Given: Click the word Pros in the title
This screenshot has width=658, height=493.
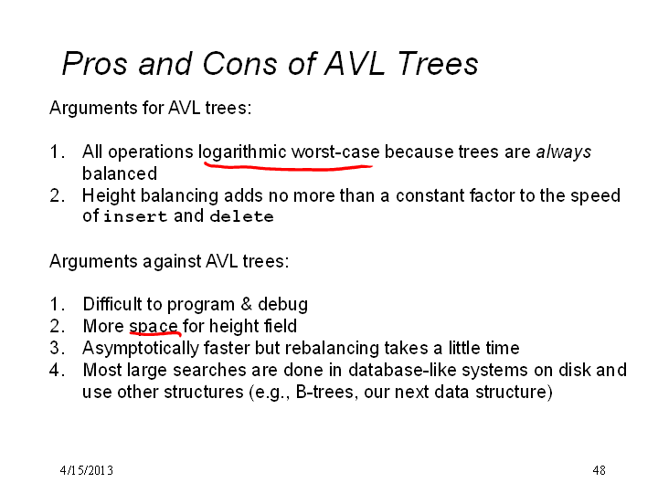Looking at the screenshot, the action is (x=94, y=64).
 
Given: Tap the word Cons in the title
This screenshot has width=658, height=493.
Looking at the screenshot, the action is (x=239, y=64).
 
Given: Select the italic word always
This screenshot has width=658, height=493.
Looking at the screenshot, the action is (x=564, y=152).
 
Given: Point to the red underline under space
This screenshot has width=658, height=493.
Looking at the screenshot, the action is (x=155, y=334).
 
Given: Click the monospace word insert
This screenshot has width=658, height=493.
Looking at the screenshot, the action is (x=135, y=216).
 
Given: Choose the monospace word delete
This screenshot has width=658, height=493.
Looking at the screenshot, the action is (x=241, y=216).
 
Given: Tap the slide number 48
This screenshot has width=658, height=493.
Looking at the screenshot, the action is (x=599, y=470).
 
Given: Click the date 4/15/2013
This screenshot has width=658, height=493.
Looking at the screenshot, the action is (x=87, y=470).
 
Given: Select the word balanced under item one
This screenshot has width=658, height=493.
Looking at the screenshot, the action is (x=120, y=173).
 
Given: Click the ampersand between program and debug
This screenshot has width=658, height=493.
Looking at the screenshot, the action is (x=247, y=304).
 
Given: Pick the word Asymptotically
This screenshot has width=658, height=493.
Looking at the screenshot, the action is (x=141, y=349).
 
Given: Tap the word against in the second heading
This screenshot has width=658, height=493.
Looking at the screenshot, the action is (x=172, y=262).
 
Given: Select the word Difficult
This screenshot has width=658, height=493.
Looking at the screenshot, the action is (x=112, y=304).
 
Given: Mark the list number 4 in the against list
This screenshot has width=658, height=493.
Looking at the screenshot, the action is (x=55, y=370).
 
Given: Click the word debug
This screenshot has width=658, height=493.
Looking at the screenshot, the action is (x=282, y=305).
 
